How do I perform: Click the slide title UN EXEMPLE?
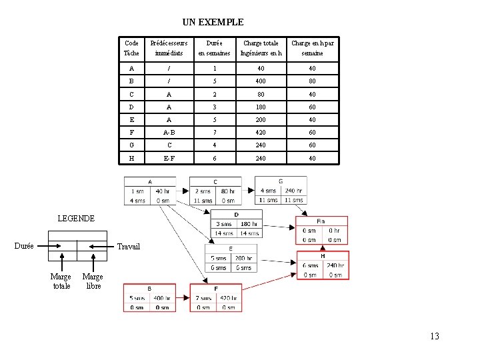[x=213, y=22]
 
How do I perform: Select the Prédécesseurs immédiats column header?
[x=168, y=47]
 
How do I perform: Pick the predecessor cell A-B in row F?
[x=168, y=133]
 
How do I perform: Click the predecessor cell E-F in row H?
[x=168, y=158]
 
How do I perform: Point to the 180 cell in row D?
[x=261, y=108]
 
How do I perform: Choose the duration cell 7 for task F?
[x=215, y=133]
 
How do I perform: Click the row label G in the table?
[x=131, y=145]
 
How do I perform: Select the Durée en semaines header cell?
[x=215, y=47]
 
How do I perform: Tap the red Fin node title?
[x=321, y=222]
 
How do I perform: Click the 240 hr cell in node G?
[x=294, y=191]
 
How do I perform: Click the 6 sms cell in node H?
[x=310, y=265]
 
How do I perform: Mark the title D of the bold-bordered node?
[x=236, y=214]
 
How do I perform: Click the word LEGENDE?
[x=77, y=218]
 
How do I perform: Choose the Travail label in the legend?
[x=129, y=247]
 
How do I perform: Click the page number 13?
[x=435, y=336]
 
